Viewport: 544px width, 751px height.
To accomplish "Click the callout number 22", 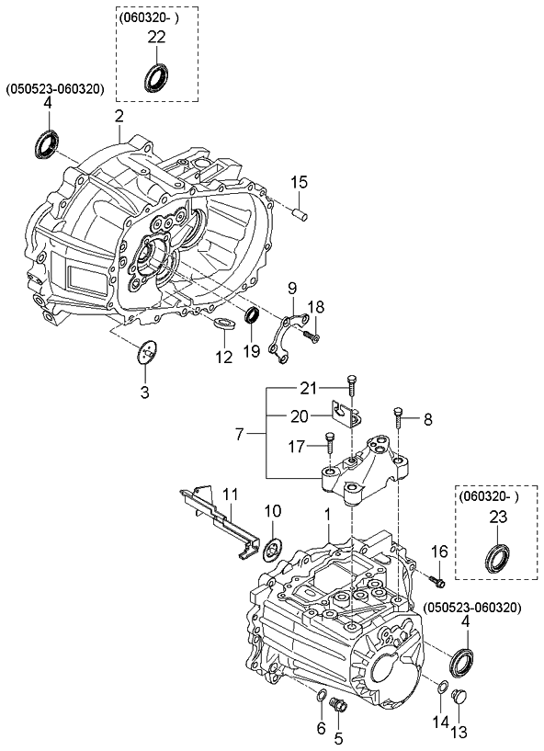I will [156, 37].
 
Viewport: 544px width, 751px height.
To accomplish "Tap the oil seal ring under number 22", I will [156, 77].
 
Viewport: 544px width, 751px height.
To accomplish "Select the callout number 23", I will [496, 518].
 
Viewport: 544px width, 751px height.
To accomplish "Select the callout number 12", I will [224, 357].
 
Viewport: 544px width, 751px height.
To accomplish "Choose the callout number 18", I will [315, 306].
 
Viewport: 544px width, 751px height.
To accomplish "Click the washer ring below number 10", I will [272, 551].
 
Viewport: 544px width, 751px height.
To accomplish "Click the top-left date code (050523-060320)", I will [55, 89].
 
